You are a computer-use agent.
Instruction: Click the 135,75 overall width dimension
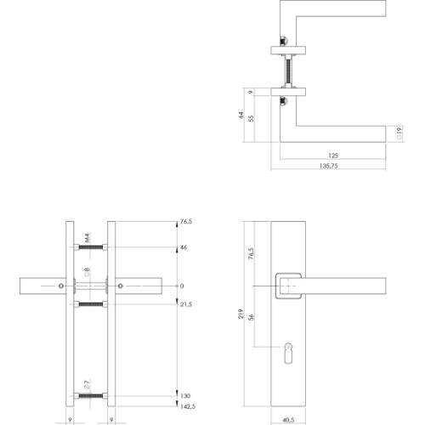coord(332,167)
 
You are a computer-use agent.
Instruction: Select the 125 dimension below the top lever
coord(332,156)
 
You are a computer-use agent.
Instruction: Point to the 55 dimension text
coord(252,119)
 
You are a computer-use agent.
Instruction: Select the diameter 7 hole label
coord(87,386)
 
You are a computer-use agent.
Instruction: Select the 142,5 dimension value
coord(184,407)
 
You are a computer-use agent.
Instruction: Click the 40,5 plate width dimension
coord(291,418)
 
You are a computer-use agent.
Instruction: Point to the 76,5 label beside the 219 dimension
coord(252,255)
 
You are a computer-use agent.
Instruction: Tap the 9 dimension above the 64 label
coord(252,92)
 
